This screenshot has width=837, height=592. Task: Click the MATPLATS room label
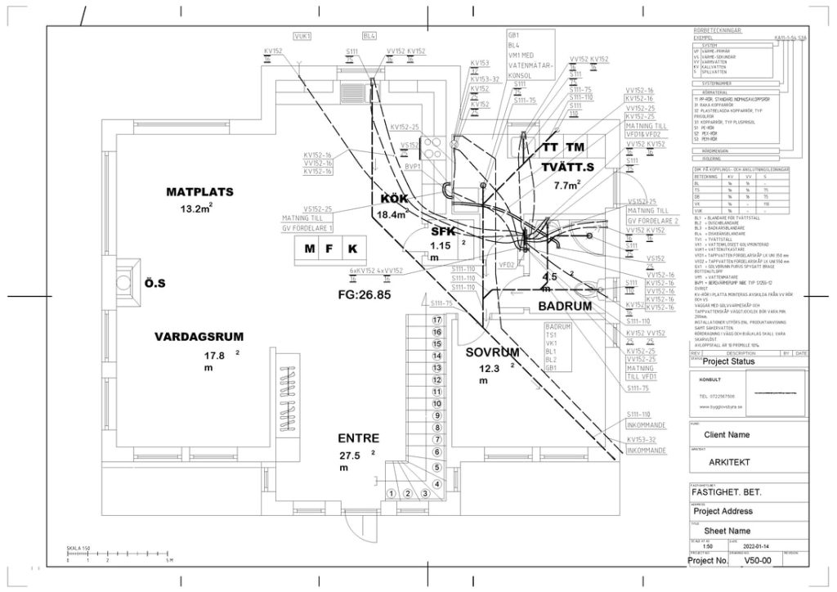200,193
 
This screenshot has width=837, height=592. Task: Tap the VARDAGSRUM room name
199,336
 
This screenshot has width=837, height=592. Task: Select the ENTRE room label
358,438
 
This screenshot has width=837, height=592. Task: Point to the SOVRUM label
493,353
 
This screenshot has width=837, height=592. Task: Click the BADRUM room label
563,306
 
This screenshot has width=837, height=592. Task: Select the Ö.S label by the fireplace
155,283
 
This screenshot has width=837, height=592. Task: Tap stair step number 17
437,320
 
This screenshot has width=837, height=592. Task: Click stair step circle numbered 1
392,493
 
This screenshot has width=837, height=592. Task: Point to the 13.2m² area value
195,209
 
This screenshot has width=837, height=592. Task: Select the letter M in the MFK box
310,249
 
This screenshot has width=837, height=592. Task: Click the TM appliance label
575,147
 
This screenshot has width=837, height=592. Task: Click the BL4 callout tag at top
369,37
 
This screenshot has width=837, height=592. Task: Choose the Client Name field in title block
727,435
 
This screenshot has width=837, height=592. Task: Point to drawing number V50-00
760,563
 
